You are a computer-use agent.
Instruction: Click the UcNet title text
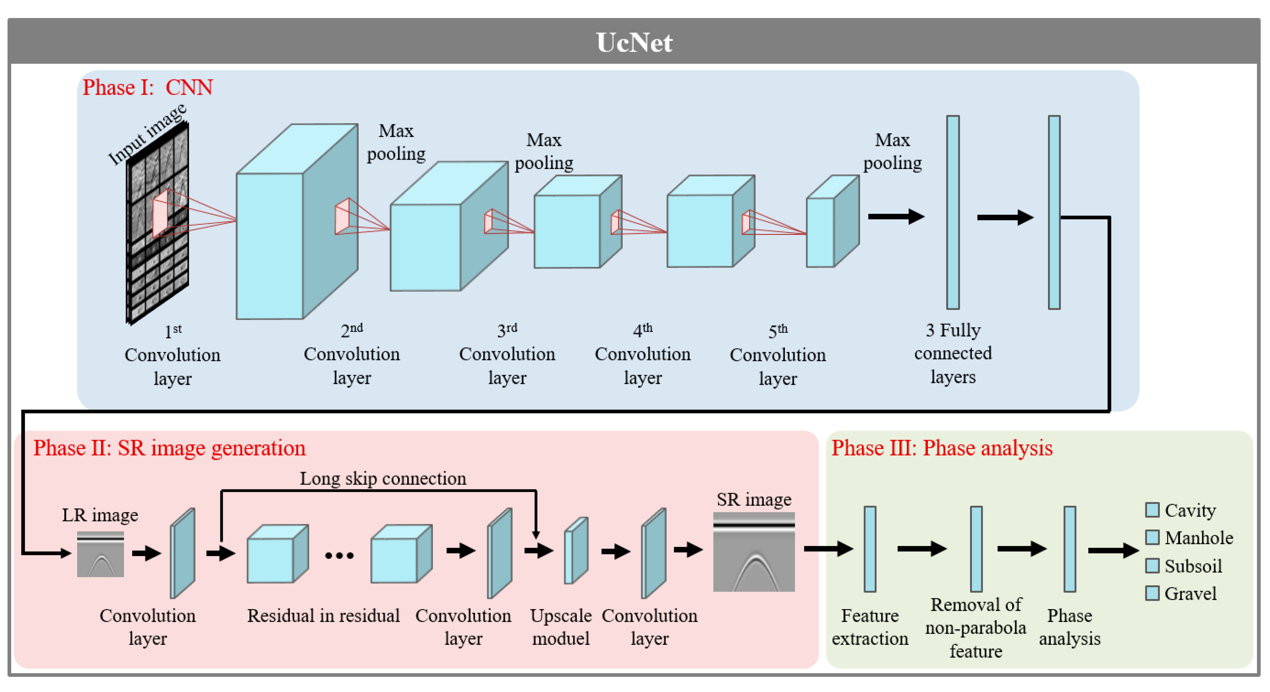point(634,42)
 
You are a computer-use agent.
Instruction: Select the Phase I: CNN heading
point(147,88)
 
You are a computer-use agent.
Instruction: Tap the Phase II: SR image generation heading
point(169,448)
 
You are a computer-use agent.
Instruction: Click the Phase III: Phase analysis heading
point(942,448)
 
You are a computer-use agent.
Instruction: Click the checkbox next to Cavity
point(1152,510)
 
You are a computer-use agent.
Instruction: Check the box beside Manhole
point(1152,537)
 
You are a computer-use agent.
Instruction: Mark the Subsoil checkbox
point(1152,565)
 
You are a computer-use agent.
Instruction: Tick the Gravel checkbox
point(1152,593)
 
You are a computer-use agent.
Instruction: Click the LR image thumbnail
point(100,554)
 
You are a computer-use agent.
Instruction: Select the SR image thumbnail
point(754,552)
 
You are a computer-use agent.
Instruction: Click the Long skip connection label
point(383,478)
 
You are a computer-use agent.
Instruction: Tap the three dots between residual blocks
point(339,556)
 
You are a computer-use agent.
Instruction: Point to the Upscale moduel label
point(560,627)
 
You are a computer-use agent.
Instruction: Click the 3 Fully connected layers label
point(952,353)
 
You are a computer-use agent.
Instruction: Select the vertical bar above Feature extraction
point(870,549)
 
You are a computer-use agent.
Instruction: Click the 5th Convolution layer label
point(778,355)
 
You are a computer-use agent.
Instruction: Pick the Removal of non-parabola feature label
point(976,627)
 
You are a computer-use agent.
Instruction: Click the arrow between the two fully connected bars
point(1005,217)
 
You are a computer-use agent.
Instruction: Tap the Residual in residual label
point(323,616)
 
